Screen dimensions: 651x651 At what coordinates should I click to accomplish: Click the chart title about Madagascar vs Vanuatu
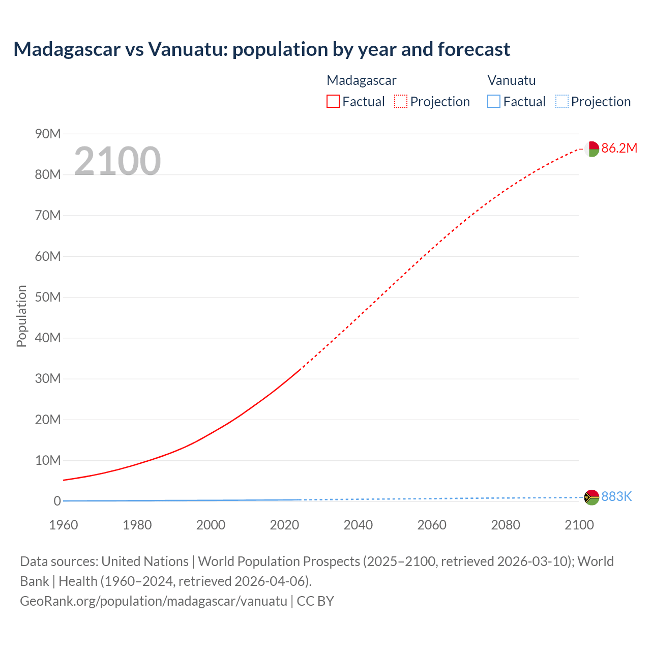[261, 49]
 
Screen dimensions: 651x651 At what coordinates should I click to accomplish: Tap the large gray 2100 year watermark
[117, 161]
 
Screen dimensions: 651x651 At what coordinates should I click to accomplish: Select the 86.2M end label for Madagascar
[619, 148]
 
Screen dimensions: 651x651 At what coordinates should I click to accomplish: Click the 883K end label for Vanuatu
[616, 496]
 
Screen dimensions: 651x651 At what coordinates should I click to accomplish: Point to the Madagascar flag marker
[591, 149]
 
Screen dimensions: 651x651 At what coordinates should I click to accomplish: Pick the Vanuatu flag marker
[591, 497]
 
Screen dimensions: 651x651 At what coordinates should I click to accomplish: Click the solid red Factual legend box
[333, 102]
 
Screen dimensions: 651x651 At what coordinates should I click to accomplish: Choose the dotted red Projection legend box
[401, 102]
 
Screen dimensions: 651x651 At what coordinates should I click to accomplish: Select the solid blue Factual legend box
[494, 102]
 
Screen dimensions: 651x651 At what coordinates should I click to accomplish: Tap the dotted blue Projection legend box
[561, 102]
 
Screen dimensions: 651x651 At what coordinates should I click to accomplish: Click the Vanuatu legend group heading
[511, 80]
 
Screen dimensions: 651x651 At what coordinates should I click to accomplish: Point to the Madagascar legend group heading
[361, 80]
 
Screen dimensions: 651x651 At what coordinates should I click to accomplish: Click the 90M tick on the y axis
[48, 134]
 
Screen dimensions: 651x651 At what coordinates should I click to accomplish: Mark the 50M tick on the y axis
[48, 297]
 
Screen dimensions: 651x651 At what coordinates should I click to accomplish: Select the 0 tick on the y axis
[57, 501]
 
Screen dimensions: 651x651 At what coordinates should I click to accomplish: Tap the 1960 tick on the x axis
[64, 525]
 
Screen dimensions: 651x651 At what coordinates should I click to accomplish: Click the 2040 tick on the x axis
[358, 525]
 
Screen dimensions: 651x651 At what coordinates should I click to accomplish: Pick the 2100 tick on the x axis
[579, 525]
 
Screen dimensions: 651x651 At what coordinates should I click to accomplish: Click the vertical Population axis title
[21, 316]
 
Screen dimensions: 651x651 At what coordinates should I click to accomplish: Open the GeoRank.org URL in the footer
[154, 601]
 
